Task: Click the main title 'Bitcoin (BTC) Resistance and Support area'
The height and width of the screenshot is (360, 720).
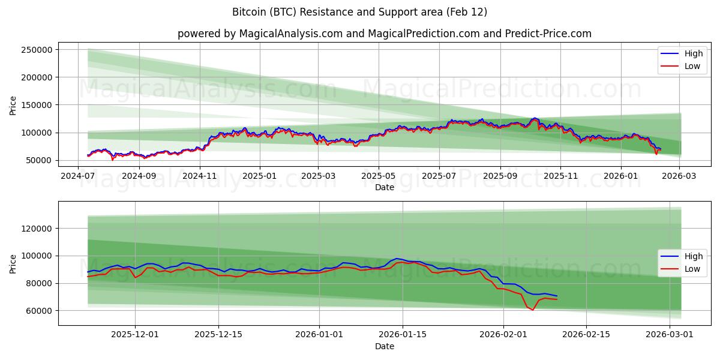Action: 359,12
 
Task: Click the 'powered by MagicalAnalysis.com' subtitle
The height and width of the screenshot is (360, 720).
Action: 384,34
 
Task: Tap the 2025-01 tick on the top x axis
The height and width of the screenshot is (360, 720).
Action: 259,176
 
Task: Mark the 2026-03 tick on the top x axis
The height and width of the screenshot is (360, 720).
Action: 679,176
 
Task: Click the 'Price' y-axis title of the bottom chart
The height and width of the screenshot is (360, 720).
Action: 13,263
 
